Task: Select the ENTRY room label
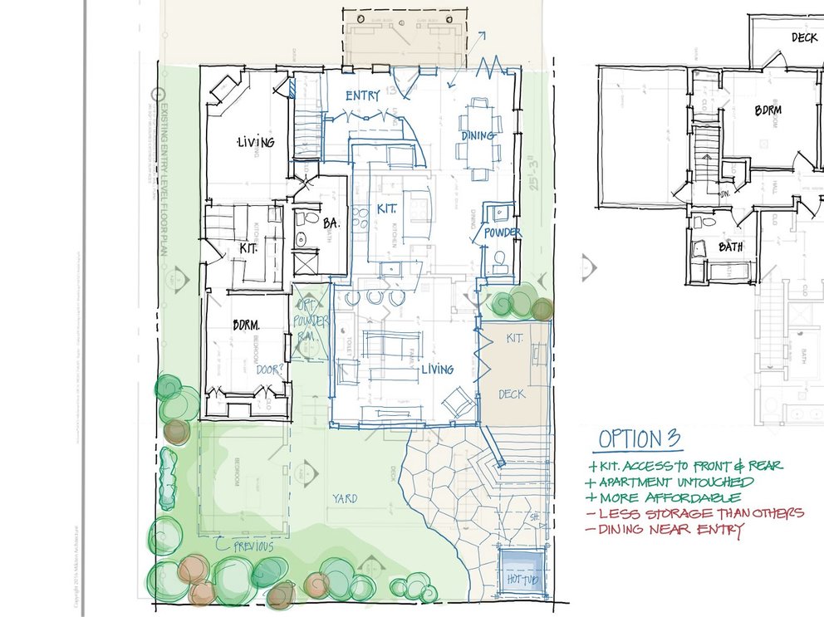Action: [x=363, y=96]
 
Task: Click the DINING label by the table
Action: [x=478, y=135]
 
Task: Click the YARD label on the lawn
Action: [x=345, y=498]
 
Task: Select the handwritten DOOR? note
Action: [x=272, y=370]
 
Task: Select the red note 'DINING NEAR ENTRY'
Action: [x=671, y=531]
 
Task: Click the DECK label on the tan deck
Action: [x=513, y=394]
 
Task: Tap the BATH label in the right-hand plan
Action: [x=731, y=247]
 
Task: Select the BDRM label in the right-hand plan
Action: [x=771, y=109]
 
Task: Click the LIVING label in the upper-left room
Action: [x=256, y=142]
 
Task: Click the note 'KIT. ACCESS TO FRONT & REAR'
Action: [x=689, y=465]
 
